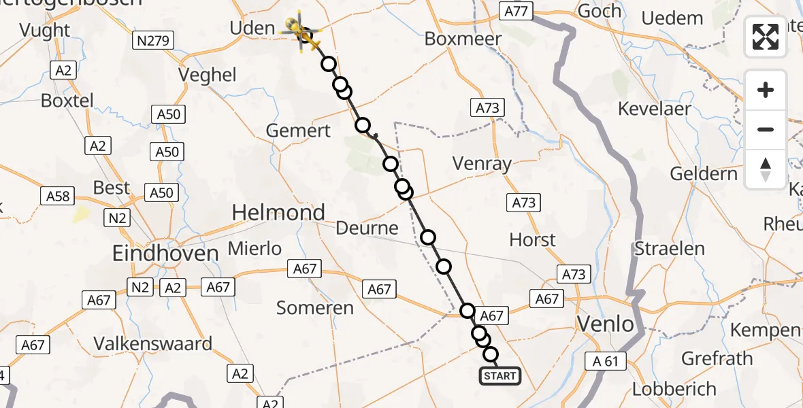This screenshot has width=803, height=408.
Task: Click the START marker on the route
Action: point(500,376)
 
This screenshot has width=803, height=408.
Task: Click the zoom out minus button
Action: point(766,129)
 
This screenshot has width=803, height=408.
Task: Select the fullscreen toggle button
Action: point(766,37)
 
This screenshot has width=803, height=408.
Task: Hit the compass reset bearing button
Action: point(766,169)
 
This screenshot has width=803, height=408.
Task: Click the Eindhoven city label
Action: point(166,254)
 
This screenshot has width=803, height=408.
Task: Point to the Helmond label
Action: point(278,213)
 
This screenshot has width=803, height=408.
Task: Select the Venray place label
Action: point(482,164)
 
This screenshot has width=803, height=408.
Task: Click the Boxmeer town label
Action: point(463,39)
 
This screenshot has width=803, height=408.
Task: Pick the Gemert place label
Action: point(299,131)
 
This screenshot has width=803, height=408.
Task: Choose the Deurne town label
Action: point(367,228)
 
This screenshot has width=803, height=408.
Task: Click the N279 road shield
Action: point(153,41)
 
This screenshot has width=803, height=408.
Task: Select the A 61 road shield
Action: point(606,361)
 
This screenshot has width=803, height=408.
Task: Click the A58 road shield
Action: point(58,197)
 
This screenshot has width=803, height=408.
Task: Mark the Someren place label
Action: point(315,308)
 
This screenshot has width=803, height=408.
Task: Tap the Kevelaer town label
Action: point(654,108)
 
